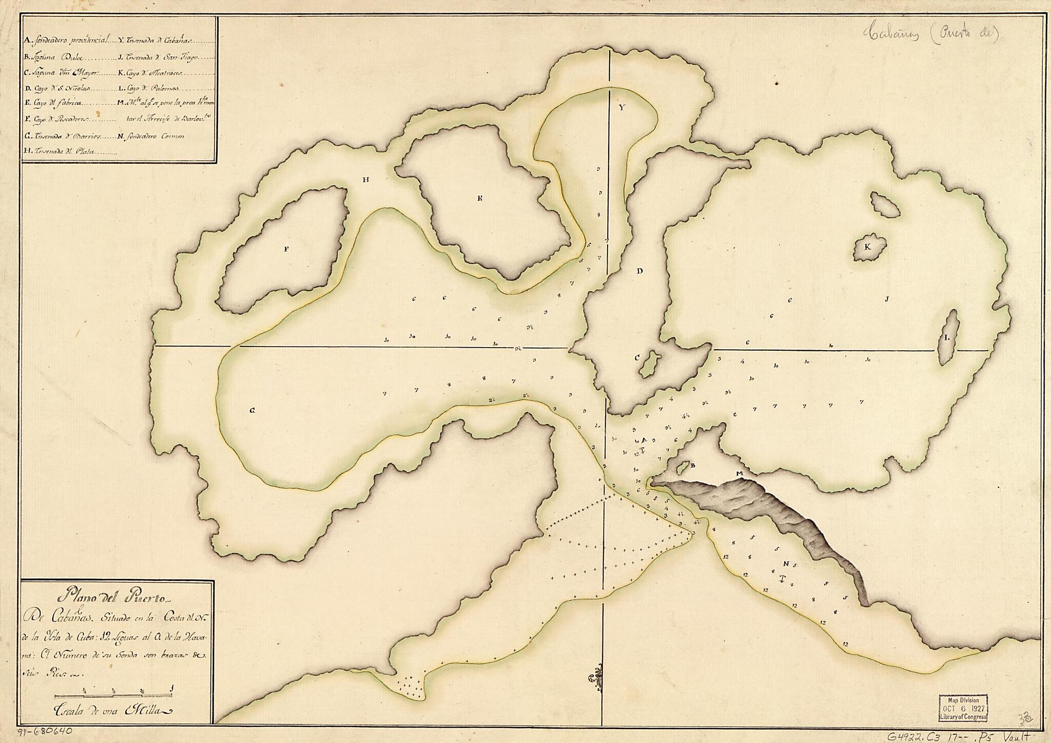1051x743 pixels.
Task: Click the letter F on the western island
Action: (286, 249)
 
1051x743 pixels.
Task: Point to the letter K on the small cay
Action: (867, 247)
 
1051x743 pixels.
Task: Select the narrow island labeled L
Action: (948, 337)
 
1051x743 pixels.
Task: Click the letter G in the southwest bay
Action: (252, 410)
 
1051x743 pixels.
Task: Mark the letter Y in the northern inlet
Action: (622, 108)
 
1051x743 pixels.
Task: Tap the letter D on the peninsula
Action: (639, 271)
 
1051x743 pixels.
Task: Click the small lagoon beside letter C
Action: (650, 364)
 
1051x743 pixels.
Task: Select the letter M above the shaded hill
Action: (739, 473)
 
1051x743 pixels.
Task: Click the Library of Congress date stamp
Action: (963, 709)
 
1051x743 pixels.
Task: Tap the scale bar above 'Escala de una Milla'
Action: (113, 696)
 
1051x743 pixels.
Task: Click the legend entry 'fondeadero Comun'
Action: (151, 137)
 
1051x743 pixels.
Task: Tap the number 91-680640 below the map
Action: (45, 733)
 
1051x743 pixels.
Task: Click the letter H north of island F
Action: (365, 180)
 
